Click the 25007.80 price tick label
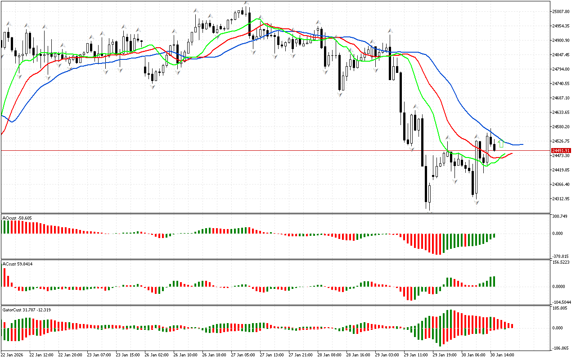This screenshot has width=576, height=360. coord(561,12)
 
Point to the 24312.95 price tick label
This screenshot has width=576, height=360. coord(561,199)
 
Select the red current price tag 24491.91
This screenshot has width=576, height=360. coord(561,151)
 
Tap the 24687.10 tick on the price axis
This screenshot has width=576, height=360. coord(561,98)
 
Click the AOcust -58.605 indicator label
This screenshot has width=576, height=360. coord(17,218)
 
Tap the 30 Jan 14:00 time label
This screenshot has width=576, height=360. coord(502,355)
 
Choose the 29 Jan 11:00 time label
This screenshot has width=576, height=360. coord(416,355)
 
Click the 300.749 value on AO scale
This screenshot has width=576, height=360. coord(560,216)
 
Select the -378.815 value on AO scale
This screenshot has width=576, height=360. coord(560,256)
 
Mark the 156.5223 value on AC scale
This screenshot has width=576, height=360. coord(561,262)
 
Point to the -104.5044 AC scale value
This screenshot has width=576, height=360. coord(561,302)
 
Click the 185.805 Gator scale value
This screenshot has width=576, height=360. coord(560,308)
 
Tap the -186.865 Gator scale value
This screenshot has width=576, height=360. coord(560,348)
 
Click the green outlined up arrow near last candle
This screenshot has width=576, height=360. coord(501,144)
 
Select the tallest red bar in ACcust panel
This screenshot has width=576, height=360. coord(5,277)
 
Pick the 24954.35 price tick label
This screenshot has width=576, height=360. coord(561,26)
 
